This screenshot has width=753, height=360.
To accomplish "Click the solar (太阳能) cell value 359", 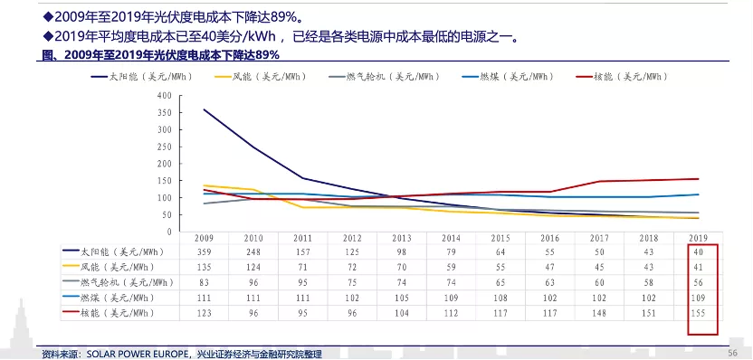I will tap(204, 251).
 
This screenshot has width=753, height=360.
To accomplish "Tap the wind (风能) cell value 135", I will tap(204, 266).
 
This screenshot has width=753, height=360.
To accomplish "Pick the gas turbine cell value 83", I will tap(204, 281).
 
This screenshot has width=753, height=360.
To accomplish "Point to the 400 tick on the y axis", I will tap(164, 95).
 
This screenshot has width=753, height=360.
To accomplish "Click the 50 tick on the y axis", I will tap(167, 213).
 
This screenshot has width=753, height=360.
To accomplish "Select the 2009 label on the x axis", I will tap(204, 236).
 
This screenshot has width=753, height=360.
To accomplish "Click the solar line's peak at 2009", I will tap(204, 109).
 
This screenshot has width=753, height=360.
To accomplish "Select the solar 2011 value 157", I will tap(302, 251).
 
